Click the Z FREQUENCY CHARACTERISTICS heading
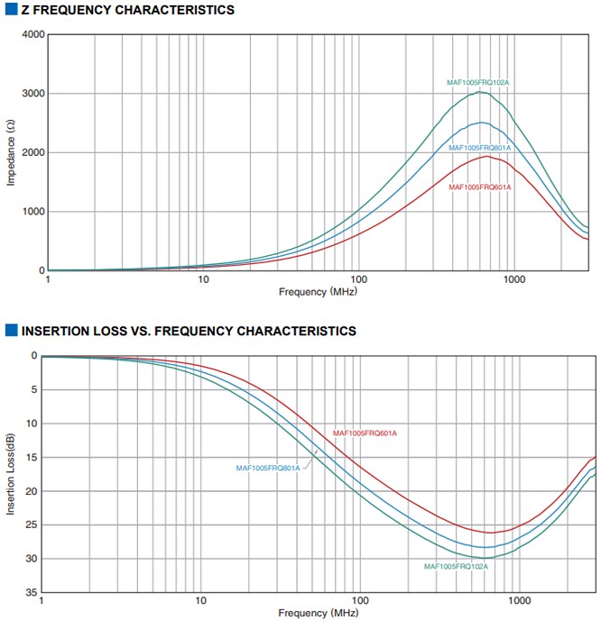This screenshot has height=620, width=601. [126, 10]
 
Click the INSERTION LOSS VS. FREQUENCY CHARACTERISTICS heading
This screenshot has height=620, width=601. [188, 331]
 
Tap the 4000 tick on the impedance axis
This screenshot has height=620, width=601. [33, 34]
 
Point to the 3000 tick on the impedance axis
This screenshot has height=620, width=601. [33, 94]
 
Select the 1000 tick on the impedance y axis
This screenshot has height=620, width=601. [33, 212]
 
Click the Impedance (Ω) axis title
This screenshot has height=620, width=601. [11, 153]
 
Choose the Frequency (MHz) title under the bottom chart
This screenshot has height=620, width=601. [318, 613]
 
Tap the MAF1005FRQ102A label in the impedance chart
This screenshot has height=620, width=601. [478, 83]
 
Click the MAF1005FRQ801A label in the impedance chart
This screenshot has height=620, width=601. [480, 148]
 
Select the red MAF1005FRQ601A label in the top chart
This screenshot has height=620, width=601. [480, 187]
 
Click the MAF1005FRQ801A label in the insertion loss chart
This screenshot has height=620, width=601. [268, 468]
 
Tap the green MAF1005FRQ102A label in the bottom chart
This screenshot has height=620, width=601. [456, 566]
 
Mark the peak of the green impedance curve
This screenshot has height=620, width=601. [482, 92]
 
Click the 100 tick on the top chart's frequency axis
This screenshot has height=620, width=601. [358, 280]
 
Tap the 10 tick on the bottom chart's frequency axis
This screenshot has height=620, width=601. [200, 600]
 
